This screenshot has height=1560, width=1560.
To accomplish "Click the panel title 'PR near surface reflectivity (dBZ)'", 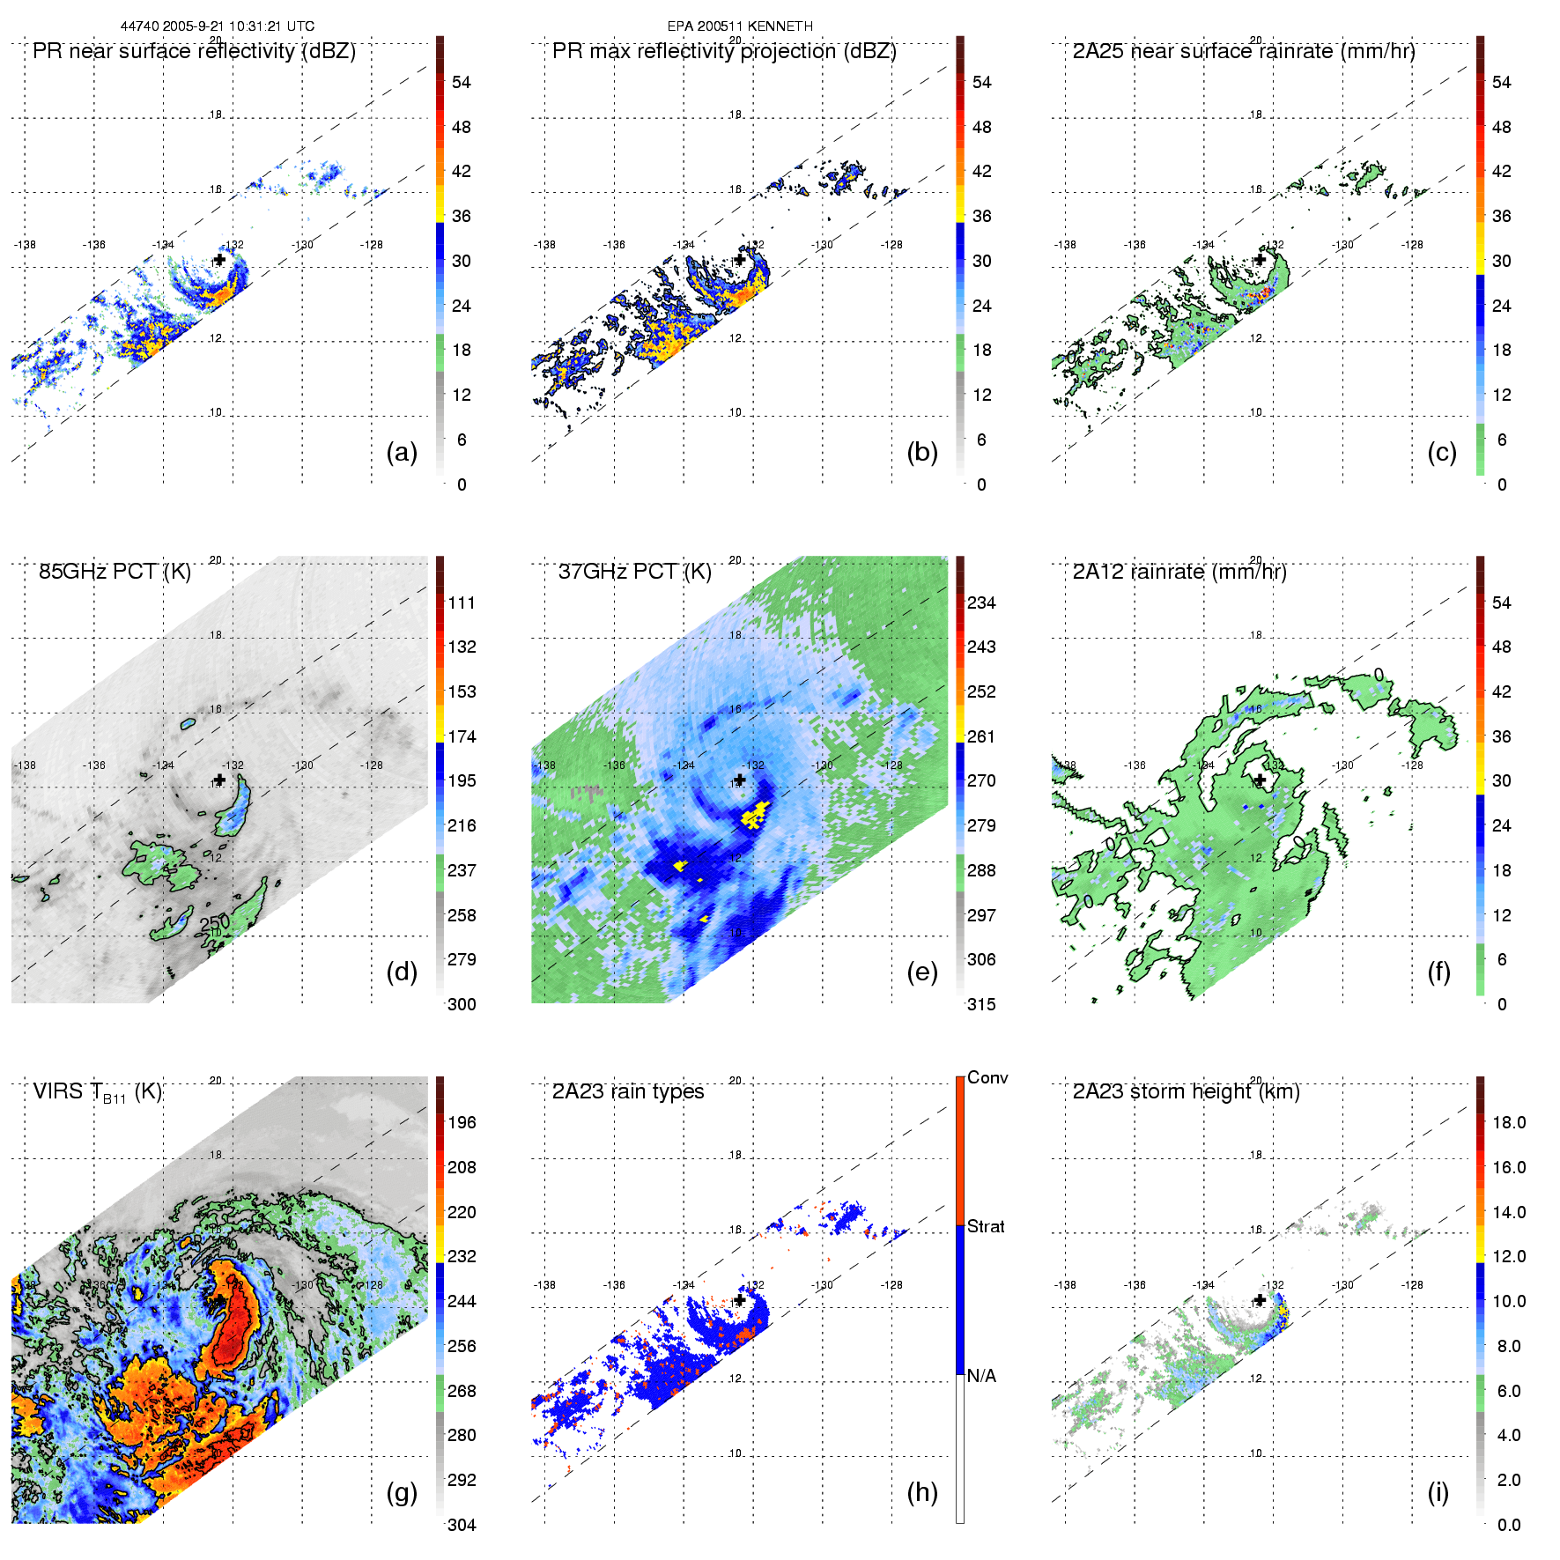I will pyautogui.click(x=194, y=51).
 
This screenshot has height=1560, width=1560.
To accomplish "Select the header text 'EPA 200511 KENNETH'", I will pyautogui.click(x=740, y=26).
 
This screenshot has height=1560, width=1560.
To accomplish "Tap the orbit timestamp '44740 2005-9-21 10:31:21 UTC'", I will pyautogui.click(x=218, y=26).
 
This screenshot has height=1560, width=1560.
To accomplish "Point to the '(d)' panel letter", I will pyautogui.click(x=402, y=972).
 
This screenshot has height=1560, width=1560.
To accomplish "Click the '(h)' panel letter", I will pyautogui.click(x=922, y=1491).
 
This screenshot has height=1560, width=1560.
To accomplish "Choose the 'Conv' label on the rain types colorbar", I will pyautogui.click(x=987, y=1078).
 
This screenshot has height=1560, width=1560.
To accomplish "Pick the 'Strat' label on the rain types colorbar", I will pyautogui.click(x=986, y=1226).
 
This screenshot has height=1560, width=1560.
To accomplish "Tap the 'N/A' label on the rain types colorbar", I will pyautogui.click(x=981, y=1376).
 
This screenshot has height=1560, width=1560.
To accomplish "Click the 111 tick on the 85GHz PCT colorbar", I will pyautogui.click(x=462, y=603).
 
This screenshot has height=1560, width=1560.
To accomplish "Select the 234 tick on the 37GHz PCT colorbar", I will pyautogui.click(x=981, y=603).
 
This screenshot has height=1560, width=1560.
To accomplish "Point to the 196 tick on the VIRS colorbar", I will pyautogui.click(x=462, y=1122).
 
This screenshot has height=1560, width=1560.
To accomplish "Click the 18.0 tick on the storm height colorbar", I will pyautogui.click(x=1509, y=1122).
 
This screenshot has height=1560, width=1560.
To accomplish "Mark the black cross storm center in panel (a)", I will pyautogui.click(x=219, y=260).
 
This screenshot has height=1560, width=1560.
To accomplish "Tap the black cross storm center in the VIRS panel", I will pyautogui.click(x=219, y=1300).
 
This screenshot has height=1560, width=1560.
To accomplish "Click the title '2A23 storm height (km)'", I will pyautogui.click(x=1187, y=1091).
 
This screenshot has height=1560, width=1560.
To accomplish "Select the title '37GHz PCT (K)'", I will pyautogui.click(x=634, y=572).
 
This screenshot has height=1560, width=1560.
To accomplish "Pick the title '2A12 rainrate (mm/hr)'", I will pyautogui.click(x=1179, y=572).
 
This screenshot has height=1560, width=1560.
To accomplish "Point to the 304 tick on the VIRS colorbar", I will pyautogui.click(x=462, y=1525).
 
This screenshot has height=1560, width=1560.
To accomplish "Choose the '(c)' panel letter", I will pyautogui.click(x=1442, y=452).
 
